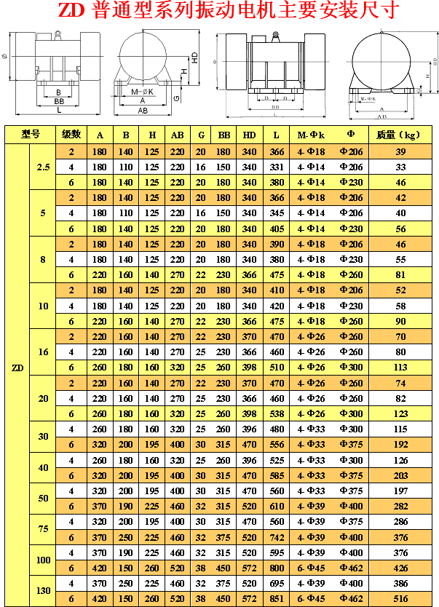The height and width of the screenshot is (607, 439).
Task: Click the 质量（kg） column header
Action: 400,135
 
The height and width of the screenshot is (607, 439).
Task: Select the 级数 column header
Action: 71,135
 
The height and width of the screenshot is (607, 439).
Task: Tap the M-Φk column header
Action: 311,135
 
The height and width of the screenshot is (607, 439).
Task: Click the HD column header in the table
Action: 250,135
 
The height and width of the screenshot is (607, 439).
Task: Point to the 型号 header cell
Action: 31,135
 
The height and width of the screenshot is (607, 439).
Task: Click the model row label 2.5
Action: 43,167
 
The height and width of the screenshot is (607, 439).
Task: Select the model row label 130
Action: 43,591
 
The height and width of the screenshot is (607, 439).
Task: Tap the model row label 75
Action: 43,529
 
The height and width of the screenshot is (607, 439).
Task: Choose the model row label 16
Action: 43,352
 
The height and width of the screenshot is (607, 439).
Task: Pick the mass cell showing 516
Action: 400,598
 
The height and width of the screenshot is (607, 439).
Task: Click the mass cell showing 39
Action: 400,151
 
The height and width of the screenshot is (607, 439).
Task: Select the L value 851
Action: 276,598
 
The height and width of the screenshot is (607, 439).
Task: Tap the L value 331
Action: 276,167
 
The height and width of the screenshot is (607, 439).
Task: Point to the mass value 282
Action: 400,506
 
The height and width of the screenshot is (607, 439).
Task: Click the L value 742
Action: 276,537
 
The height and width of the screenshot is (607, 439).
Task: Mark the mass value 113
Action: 400,367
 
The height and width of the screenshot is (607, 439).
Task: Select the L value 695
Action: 276,583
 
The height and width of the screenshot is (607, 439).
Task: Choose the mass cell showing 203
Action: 400,475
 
